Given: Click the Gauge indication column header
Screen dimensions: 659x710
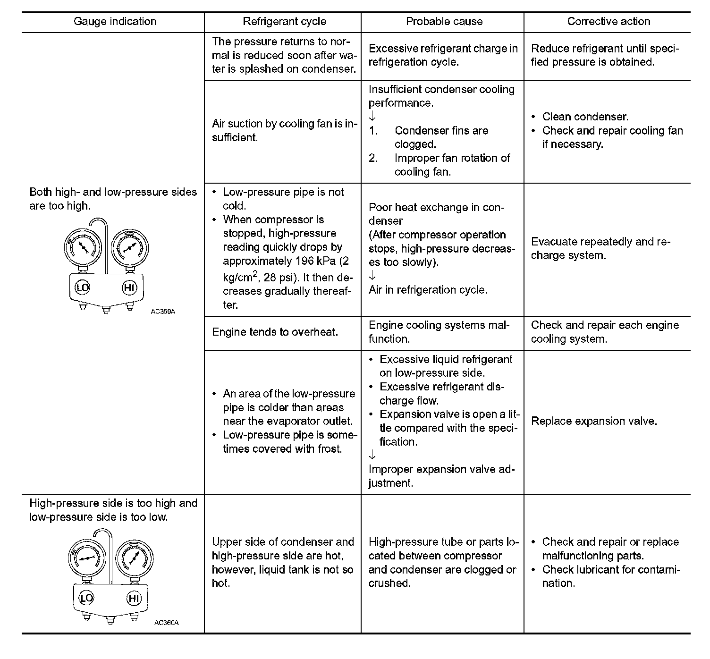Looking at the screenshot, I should pos(115,22).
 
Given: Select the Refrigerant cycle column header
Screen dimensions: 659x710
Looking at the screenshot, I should pos(284,22).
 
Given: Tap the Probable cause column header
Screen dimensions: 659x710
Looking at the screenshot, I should pos(444,22).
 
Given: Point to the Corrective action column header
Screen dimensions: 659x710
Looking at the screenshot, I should pos(609,22).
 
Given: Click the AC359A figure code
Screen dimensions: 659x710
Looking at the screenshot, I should pos(163,312).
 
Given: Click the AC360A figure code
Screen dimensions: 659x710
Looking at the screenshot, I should pos(166,623).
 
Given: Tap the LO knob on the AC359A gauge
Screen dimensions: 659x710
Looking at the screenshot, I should pos(82,287).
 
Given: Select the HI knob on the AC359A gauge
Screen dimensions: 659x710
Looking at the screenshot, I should pos(129,287).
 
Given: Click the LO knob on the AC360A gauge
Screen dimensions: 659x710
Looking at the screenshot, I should pos(86,599).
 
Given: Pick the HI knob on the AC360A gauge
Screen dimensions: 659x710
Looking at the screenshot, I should pos(134,599).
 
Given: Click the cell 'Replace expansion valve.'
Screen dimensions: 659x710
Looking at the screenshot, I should pos(594,422).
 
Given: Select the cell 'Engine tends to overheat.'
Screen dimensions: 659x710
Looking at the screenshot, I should pos(275,332).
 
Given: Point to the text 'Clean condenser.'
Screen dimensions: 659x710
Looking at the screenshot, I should pos(585,117).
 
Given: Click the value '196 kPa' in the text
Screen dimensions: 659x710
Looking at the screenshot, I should pos(316,261).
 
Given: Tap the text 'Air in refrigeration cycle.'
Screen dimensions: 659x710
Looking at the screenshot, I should pos(428,290).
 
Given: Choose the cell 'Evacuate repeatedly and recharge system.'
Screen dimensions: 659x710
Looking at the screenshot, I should pos(600,249).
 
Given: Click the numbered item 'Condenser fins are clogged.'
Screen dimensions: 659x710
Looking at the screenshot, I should pos(441,137).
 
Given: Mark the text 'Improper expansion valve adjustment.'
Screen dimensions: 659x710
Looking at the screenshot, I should pos(441,476).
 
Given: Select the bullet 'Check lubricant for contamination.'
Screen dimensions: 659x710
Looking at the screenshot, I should pos(610,576).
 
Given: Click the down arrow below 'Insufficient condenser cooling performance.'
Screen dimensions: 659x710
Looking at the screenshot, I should pos(372,117).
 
